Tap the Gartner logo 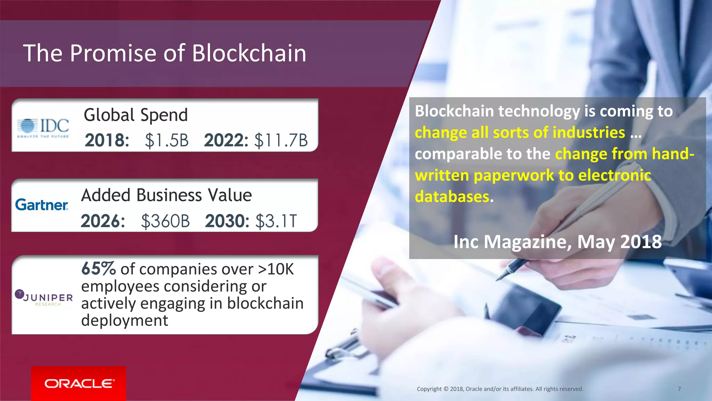pyautogui.click(x=42, y=205)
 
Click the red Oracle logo pyautogui.click(x=79, y=383)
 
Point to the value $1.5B pyautogui.click(x=167, y=141)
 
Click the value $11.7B pyautogui.click(x=281, y=141)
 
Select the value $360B pyautogui.click(x=165, y=221)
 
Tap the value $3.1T pyautogui.click(x=276, y=221)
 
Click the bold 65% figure pyautogui.click(x=98, y=269)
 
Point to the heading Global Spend pyautogui.click(x=136, y=115)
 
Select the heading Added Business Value pyautogui.click(x=166, y=195)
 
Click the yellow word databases pyautogui.click(x=452, y=197)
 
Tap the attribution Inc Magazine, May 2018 pyautogui.click(x=557, y=242)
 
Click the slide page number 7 pyautogui.click(x=679, y=389)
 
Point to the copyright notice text pyautogui.click(x=500, y=389)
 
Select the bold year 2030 pyautogui.click(x=227, y=221)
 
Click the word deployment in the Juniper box pyautogui.click(x=124, y=320)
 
